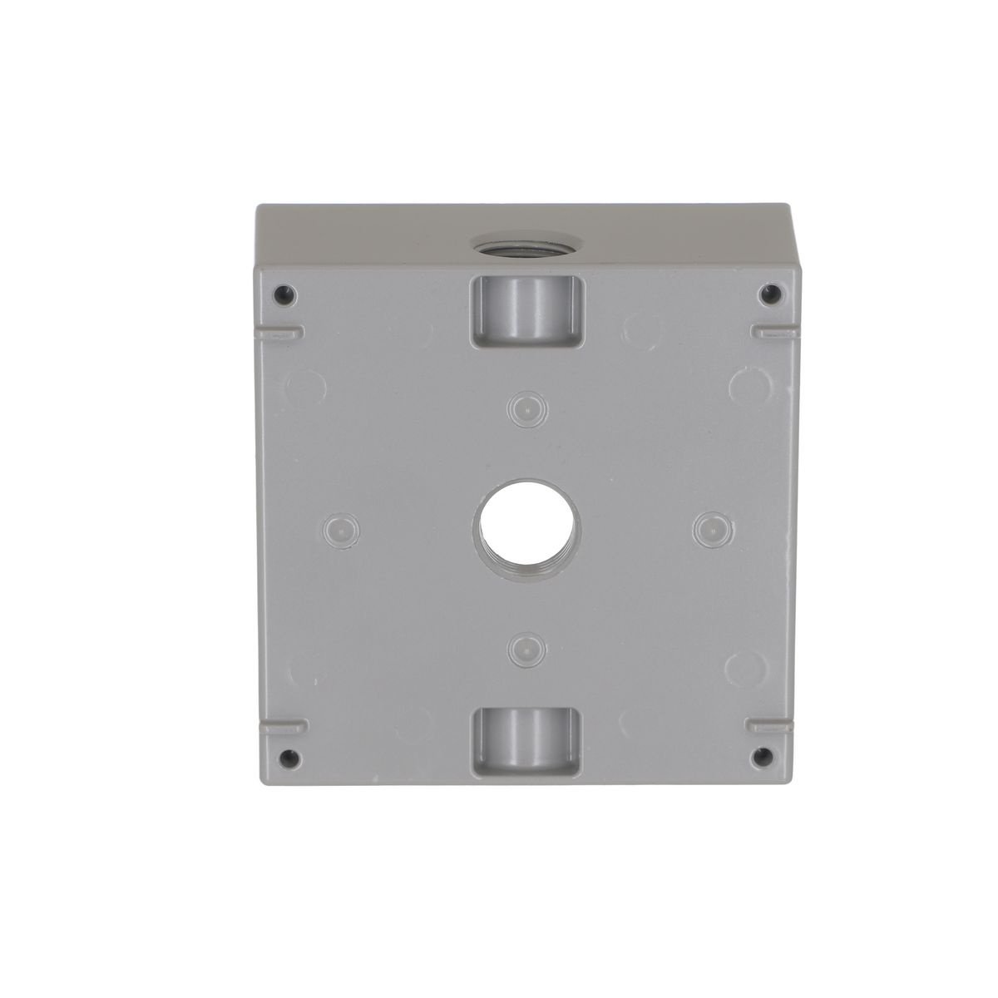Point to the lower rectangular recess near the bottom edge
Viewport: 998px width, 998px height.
tap(526, 740)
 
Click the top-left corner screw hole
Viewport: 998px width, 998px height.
tap(286, 293)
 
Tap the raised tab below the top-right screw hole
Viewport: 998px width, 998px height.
tap(773, 331)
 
